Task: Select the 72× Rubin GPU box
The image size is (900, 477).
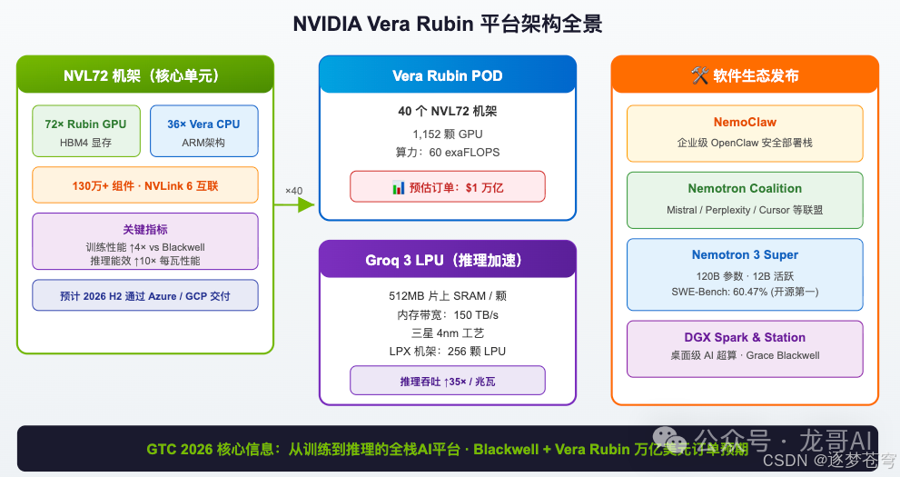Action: click(x=85, y=132)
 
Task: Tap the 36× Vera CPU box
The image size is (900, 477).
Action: click(x=203, y=132)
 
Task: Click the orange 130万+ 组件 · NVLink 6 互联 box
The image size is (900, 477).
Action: click(x=145, y=185)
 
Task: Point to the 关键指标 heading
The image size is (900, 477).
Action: click(x=145, y=230)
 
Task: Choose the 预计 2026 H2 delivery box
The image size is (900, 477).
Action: click(x=145, y=296)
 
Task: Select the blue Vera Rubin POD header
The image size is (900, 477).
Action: click(x=447, y=75)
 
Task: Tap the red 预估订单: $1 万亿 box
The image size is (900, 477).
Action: click(x=447, y=187)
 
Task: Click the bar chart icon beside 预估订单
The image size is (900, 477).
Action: click(x=398, y=187)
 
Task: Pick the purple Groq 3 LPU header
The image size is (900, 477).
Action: click(x=447, y=261)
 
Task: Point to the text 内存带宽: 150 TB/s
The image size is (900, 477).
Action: click(x=447, y=314)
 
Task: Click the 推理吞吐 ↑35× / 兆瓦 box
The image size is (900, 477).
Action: click(x=447, y=382)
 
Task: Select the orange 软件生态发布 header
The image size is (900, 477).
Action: click(x=744, y=75)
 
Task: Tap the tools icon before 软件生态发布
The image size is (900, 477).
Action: click(x=699, y=75)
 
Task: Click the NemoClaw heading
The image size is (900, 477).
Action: click(x=744, y=122)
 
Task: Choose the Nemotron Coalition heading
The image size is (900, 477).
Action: click(x=744, y=189)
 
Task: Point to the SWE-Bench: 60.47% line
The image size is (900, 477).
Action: click(x=744, y=291)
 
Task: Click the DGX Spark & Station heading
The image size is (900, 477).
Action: click(x=744, y=337)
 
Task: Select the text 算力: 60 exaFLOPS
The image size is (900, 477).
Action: click(x=447, y=152)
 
